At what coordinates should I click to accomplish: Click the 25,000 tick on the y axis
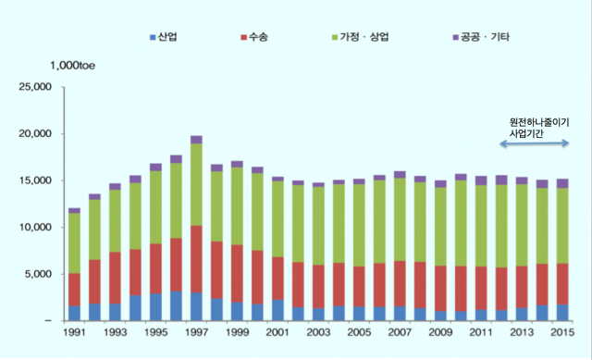38,87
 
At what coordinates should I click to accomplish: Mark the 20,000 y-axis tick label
38,133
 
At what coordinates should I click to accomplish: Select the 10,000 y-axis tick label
38,227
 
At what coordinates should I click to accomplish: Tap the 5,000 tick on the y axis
41,274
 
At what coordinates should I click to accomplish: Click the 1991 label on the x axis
74,331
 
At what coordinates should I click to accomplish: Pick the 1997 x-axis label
196,331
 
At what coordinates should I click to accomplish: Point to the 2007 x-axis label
399,331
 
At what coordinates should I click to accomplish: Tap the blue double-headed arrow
536,142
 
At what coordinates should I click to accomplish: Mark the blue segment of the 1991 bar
74,313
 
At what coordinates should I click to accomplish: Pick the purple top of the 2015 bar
561,183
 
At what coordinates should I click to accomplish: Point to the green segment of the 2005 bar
358,225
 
